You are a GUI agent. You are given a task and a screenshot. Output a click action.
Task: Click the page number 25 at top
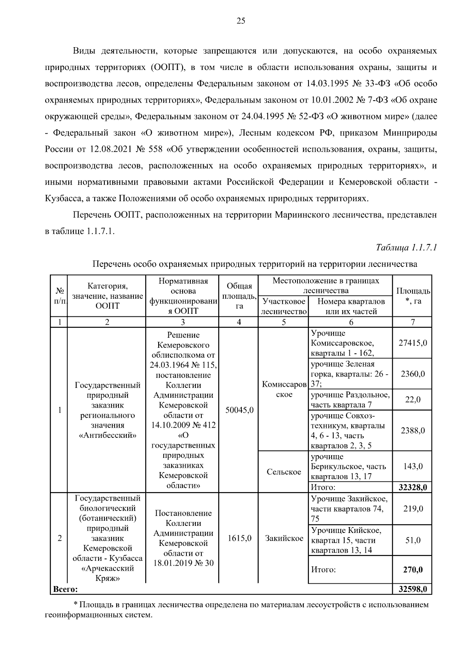click(x=241, y=21)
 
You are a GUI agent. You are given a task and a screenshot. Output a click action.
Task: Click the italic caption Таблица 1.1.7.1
click(x=406, y=248)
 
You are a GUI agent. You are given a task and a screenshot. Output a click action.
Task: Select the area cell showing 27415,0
click(x=413, y=343)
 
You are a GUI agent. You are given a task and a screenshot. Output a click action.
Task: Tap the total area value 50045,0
click(x=239, y=410)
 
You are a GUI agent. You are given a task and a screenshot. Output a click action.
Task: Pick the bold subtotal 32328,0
click(x=413, y=487)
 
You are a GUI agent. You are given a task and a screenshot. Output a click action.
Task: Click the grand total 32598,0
click(x=413, y=589)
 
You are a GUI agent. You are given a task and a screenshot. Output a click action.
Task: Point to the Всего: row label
click(x=66, y=589)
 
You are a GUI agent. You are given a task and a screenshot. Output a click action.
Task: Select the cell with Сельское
click(x=284, y=472)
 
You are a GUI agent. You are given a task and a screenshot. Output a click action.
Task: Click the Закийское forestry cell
click(x=284, y=538)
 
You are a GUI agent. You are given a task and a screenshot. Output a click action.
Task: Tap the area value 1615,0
click(x=239, y=538)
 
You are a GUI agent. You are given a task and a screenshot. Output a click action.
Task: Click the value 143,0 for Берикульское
click(x=413, y=467)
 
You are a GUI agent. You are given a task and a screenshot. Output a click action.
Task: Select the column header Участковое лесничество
click(x=284, y=307)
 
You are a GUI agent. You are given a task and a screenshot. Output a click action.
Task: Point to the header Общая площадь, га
click(x=239, y=296)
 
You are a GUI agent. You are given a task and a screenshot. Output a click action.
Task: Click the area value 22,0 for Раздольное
click(x=413, y=400)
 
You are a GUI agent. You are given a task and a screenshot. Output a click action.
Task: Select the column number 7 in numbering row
click(x=413, y=322)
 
